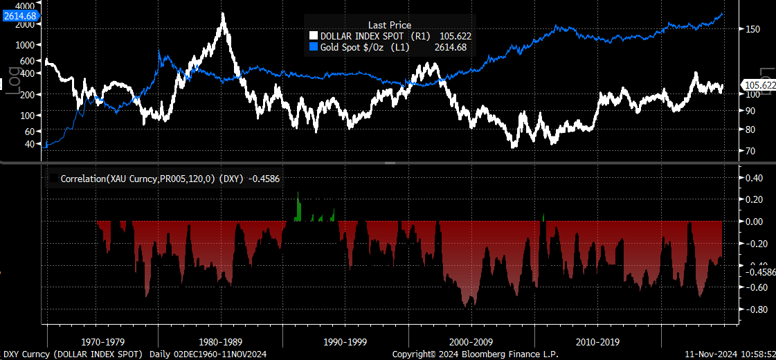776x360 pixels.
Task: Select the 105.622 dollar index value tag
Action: click(x=758, y=85)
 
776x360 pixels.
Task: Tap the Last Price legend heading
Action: click(x=389, y=25)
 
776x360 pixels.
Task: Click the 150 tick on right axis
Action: click(x=753, y=29)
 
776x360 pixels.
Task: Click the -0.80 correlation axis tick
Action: click(x=755, y=309)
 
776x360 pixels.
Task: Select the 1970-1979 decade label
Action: click(x=102, y=342)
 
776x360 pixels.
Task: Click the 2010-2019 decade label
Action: click(x=597, y=342)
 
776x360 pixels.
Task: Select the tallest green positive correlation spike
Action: click(x=298, y=195)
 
